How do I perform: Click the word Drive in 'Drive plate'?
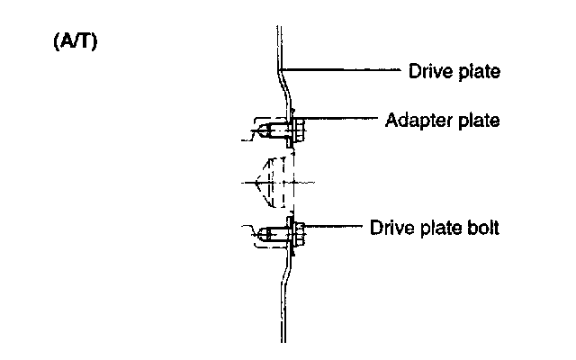[427, 70]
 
